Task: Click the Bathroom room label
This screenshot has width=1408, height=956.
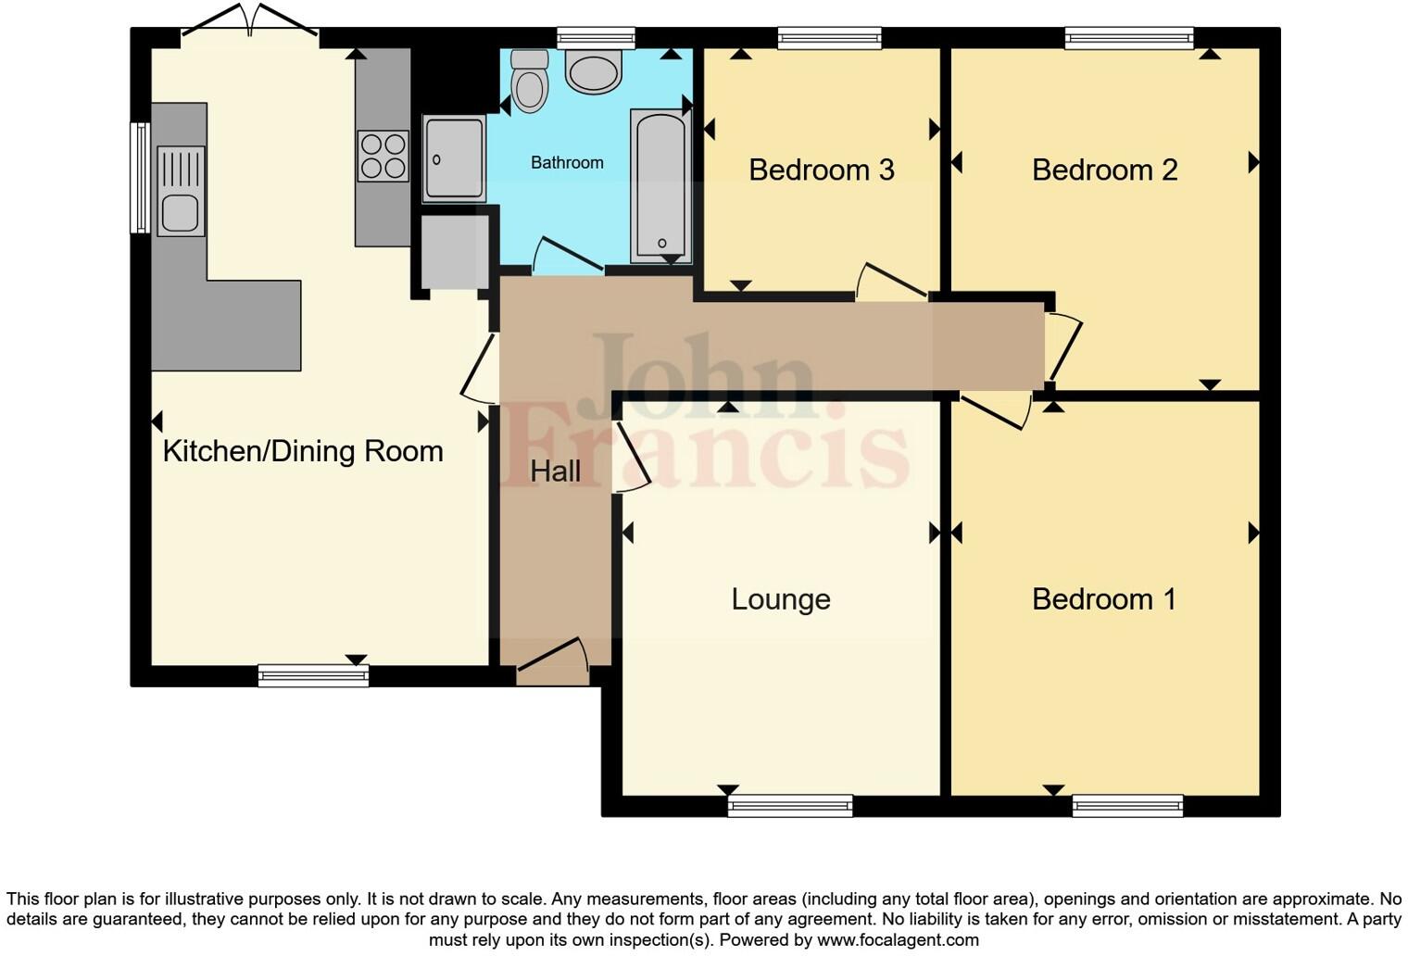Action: pos(567,163)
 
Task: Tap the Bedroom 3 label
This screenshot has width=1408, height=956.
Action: pos(821,170)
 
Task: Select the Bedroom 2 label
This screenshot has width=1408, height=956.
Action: pos(1104,170)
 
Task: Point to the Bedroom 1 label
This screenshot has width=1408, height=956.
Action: pos(1103,599)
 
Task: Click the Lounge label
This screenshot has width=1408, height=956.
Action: pos(780,599)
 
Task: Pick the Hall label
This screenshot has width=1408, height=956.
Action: pos(555,472)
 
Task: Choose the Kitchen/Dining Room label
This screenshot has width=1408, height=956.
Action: pos(303,451)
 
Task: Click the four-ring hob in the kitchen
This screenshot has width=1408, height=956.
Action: pos(383,156)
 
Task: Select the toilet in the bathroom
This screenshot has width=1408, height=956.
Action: pos(530,82)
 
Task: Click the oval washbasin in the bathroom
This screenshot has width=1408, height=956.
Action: pos(593,71)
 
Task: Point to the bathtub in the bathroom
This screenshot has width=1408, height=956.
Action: pos(660,185)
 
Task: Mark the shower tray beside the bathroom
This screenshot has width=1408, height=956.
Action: pos(454,158)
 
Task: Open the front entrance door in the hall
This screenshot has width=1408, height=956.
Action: pos(553,661)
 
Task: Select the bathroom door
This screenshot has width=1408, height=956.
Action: pos(567,256)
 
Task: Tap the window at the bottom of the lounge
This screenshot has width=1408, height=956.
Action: pos(790,806)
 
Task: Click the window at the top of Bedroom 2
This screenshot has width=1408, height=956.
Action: pos(1128,38)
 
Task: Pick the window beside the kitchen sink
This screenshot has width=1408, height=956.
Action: pos(140,177)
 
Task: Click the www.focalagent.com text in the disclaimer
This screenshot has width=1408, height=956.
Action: pos(898,940)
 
